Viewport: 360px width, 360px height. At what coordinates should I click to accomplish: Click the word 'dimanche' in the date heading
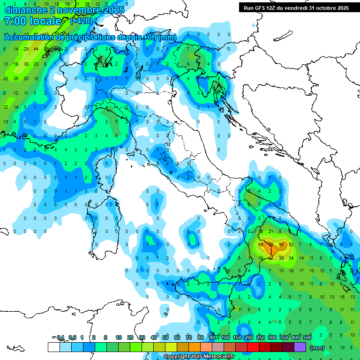tap(25, 9)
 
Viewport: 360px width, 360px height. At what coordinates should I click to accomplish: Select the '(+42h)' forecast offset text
tap(81, 21)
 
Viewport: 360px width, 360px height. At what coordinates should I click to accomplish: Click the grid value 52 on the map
tap(292, 245)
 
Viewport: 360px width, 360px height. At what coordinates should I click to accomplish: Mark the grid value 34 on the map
tap(292, 258)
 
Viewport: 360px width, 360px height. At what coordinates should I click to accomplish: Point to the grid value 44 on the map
tap(37, 49)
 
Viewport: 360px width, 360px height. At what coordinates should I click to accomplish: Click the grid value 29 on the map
tap(26, 49)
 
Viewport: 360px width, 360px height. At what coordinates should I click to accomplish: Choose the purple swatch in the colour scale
tap(300, 347)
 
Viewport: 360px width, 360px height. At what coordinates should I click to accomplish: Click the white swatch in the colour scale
tap(54, 347)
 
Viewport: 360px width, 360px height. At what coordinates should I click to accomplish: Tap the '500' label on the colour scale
tap(307, 337)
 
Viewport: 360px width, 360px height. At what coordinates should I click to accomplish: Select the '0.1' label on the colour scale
tap(60, 337)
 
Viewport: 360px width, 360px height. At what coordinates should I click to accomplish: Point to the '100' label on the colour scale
tap(225, 337)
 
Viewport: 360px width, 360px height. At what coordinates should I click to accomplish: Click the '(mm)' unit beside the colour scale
tap(317, 348)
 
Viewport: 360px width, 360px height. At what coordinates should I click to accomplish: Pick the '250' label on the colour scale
tap(261, 337)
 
